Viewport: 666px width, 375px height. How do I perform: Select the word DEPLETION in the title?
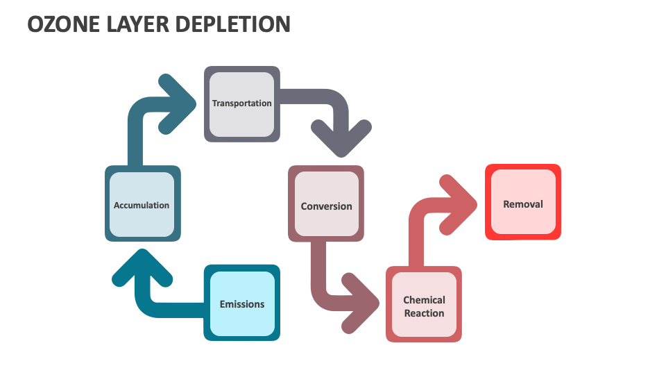pos(237,24)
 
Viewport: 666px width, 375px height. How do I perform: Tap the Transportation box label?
pos(241,103)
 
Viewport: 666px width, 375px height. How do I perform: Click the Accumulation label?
pos(142,205)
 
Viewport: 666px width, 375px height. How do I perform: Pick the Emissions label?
pos(241,304)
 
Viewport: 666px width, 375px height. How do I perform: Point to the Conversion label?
pos(326,206)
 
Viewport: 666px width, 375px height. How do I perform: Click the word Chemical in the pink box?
pos(424,300)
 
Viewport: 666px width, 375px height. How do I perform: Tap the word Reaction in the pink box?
pos(424,313)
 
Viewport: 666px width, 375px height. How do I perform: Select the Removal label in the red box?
pos(522,204)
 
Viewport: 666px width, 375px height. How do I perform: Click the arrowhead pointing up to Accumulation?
pos(142,267)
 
